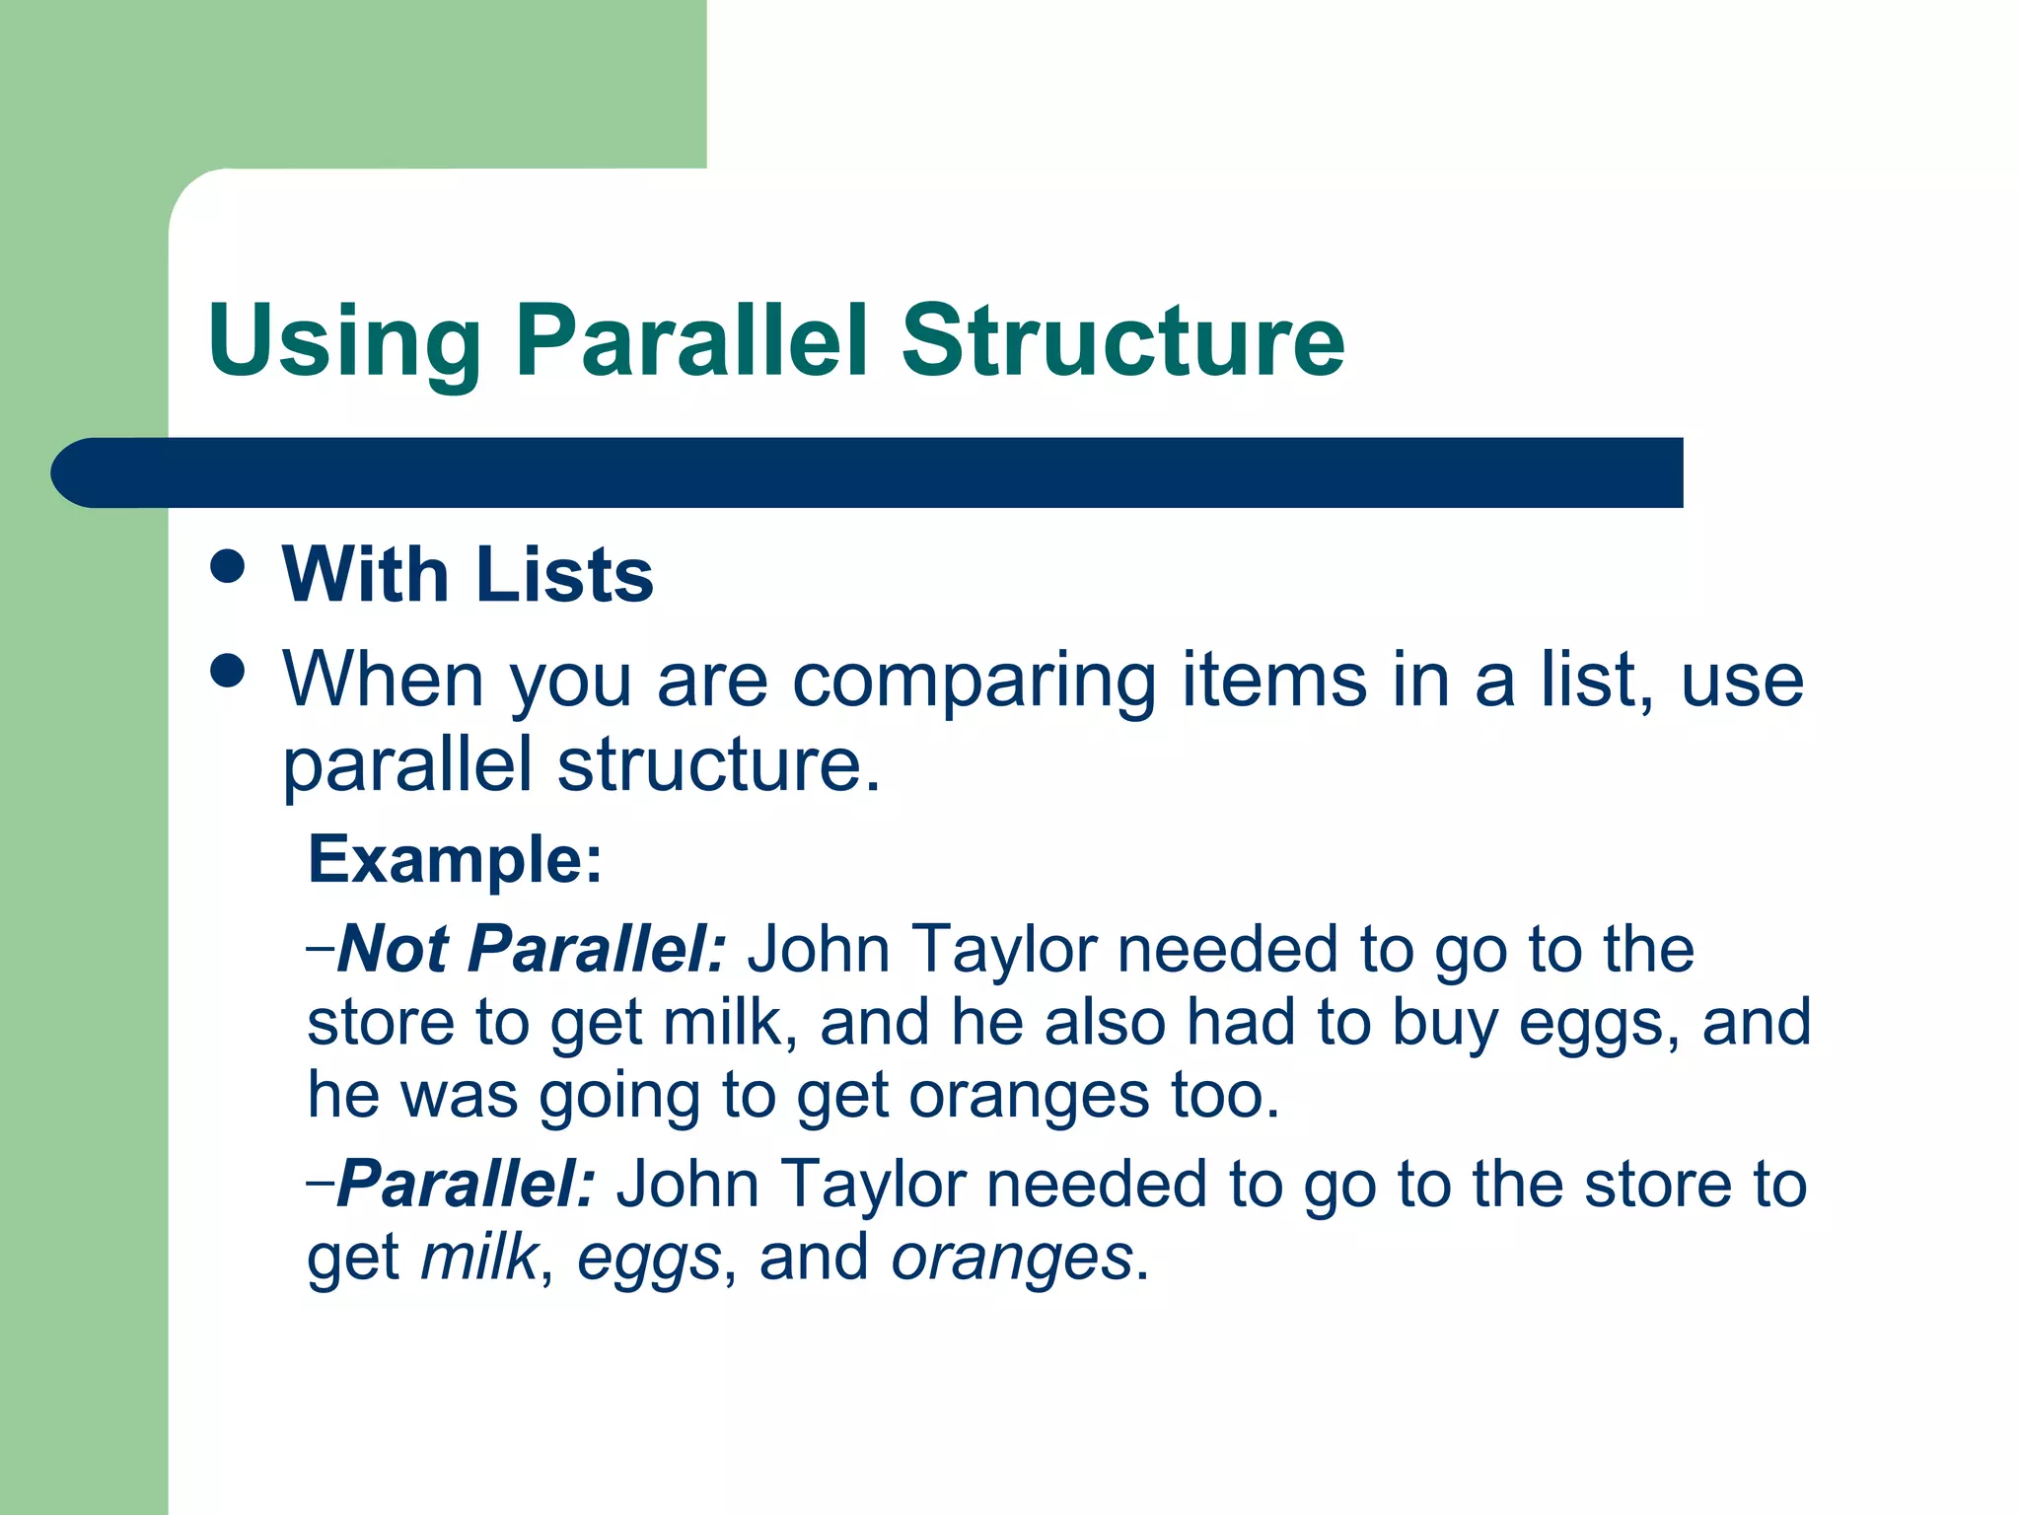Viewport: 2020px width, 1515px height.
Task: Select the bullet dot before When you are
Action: [228, 672]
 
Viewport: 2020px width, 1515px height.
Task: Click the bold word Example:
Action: [455, 860]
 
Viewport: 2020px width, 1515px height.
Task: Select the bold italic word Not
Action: [394, 949]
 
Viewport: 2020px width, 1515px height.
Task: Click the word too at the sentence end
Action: [1224, 1097]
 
